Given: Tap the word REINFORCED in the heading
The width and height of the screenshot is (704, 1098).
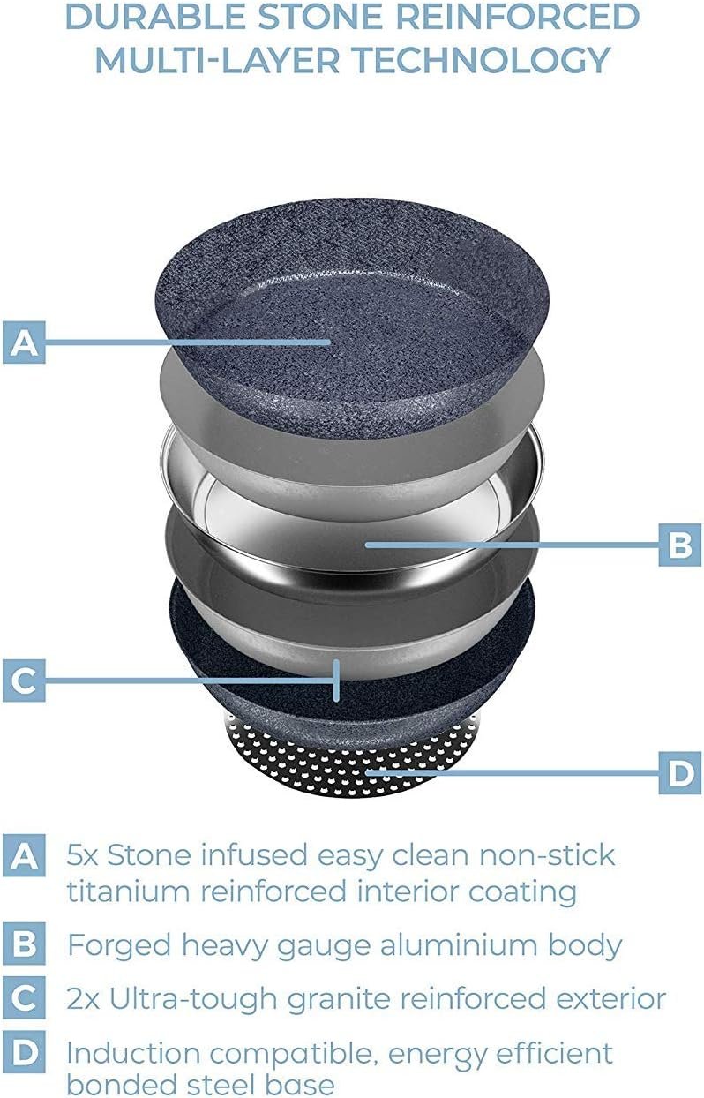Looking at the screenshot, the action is (517, 16).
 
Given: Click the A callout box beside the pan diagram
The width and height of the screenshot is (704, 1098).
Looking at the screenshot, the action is (24, 342).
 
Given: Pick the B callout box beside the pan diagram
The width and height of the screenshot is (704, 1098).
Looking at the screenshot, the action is (680, 544).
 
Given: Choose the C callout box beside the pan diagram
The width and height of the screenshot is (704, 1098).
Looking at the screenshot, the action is (24, 680).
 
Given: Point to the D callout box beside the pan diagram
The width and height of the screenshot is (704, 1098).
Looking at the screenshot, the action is (680, 772).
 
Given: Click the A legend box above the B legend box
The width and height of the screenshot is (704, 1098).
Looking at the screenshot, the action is (24, 855).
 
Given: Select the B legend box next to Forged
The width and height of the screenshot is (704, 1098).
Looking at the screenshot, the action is (24, 944).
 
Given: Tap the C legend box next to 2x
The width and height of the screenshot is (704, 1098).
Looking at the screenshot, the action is (24, 997).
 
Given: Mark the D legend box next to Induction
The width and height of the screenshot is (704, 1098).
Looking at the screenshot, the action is (24, 1051).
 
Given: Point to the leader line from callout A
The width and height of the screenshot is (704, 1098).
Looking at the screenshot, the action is (188, 342).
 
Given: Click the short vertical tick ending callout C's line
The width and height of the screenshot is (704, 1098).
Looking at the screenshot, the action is (336, 681).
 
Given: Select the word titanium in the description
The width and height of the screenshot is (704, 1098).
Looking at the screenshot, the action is (128, 891).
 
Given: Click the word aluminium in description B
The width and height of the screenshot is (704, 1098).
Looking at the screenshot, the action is (459, 944).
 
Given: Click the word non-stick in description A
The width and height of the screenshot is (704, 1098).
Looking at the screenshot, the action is (546, 855).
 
